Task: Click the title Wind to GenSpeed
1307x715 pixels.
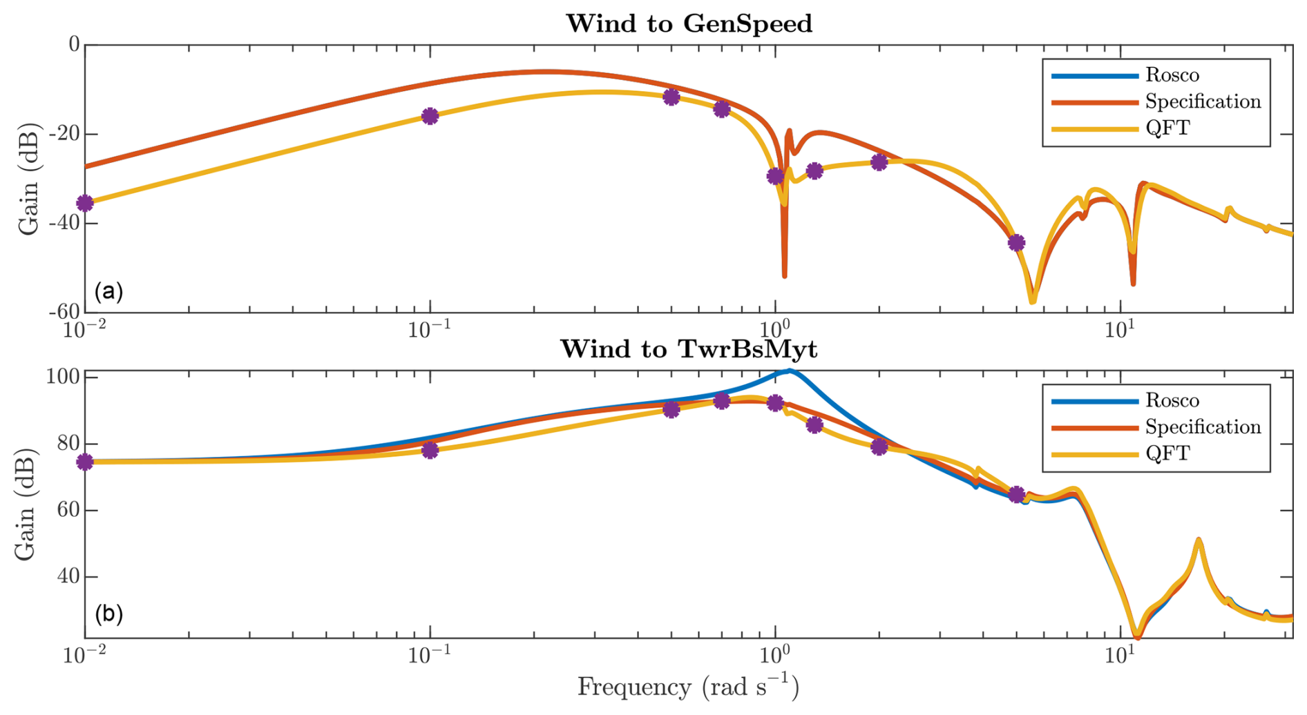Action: [689, 23]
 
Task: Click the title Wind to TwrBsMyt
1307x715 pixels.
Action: [689, 349]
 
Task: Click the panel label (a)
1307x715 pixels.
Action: [109, 291]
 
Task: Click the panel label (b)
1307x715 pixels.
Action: [109, 614]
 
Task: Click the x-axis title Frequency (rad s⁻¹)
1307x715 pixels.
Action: [688, 687]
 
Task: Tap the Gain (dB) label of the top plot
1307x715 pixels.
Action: [28, 179]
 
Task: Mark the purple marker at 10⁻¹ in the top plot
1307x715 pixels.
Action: [430, 116]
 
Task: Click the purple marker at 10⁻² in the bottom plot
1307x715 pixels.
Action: [85, 462]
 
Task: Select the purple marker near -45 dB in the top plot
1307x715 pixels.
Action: [1015, 243]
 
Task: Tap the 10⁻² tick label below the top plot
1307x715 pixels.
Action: [84, 329]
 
